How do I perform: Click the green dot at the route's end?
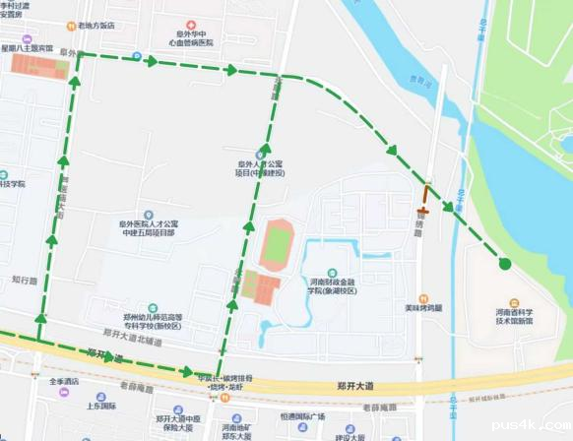(x=505, y=263)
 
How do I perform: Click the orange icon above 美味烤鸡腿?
(x=422, y=294)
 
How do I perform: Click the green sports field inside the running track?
(x=277, y=242)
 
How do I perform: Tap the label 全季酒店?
(x=65, y=381)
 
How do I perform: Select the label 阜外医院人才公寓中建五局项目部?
(x=147, y=228)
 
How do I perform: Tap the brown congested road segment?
(x=424, y=197)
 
